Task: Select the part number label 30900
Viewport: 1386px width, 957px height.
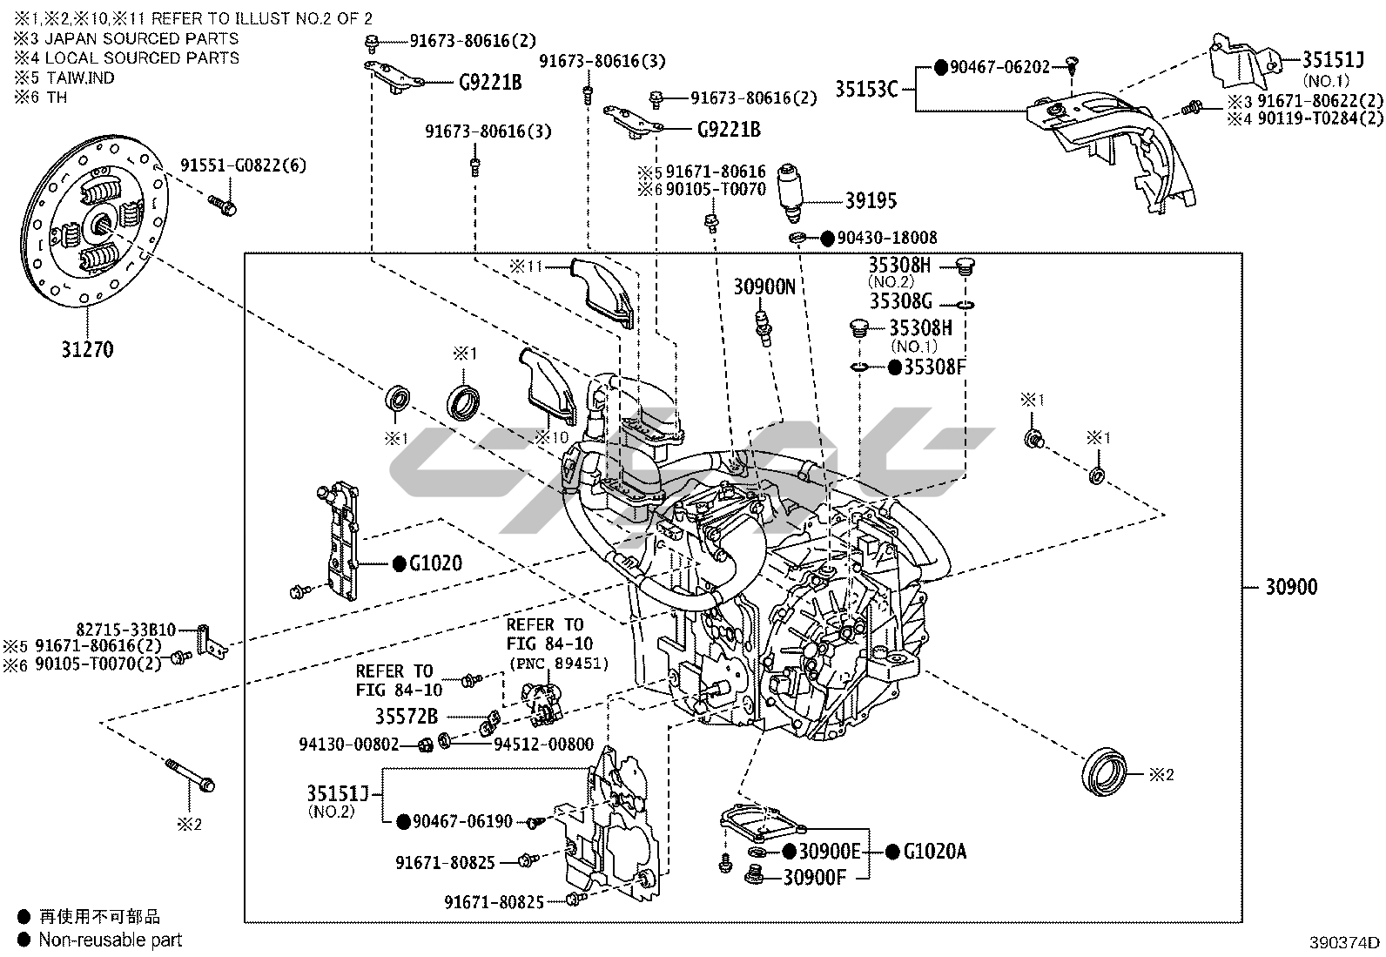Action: (1291, 587)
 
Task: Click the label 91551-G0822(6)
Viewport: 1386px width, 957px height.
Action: (243, 165)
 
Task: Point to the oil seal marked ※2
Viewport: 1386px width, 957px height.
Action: (1104, 769)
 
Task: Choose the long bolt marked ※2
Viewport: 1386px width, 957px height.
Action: (189, 775)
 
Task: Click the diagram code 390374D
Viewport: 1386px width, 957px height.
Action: (1346, 942)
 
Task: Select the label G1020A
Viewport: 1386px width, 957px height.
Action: (934, 852)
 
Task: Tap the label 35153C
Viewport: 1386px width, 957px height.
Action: (866, 89)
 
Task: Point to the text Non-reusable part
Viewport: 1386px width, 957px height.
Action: (111, 940)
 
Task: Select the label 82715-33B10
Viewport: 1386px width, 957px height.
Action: (126, 630)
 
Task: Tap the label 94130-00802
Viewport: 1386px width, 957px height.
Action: (348, 745)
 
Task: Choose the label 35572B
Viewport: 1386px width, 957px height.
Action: (407, 718)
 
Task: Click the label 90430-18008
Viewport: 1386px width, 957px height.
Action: (886, 238)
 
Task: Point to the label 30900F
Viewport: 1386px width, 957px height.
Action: (814, 877)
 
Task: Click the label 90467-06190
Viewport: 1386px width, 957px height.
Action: (461, 821)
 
